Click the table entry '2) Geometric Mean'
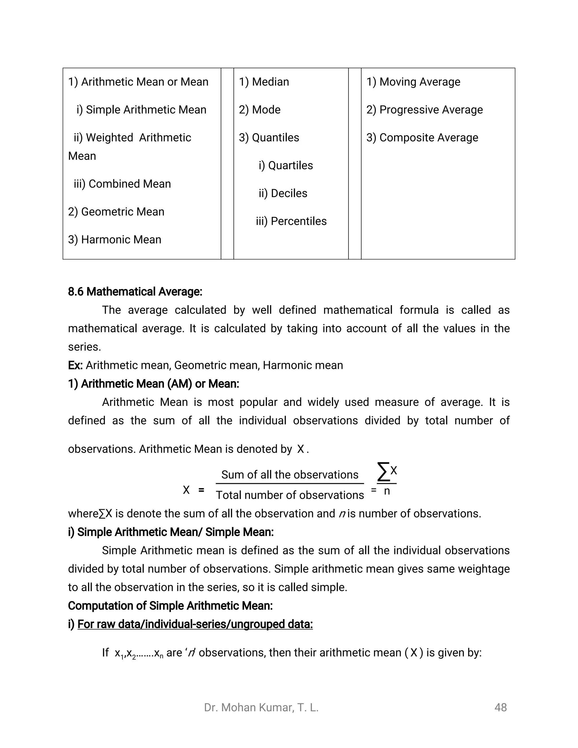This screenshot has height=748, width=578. [x=116, y=212]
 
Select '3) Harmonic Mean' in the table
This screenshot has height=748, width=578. [x=114, y=239]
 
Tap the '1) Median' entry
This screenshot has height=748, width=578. [x=264, y=82]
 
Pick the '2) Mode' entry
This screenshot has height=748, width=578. [x=260, y=110]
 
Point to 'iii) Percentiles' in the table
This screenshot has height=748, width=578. [x=291, y=221]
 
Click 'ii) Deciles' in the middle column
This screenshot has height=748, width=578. [x=283, y=193]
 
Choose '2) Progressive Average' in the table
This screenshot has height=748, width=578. [x=424, y=110]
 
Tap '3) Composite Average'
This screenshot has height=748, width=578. [x=422, y=137]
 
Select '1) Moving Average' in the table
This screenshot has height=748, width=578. [x=413, y=82]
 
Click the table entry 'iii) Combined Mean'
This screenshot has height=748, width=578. [x=122, y=184]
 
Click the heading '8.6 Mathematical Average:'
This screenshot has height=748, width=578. [x=135, y=292]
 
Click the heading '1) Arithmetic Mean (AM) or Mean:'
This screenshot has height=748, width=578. [x=154, y=384]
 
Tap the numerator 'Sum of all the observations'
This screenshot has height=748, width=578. [x=290, y=475]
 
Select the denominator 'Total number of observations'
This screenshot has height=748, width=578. [x=290, y=495]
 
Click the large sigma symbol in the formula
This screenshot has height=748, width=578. [x=383, y=471]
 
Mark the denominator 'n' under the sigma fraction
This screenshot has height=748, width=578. [x=387, y=491]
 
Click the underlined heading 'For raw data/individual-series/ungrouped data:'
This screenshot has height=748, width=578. [x=195, y=624]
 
